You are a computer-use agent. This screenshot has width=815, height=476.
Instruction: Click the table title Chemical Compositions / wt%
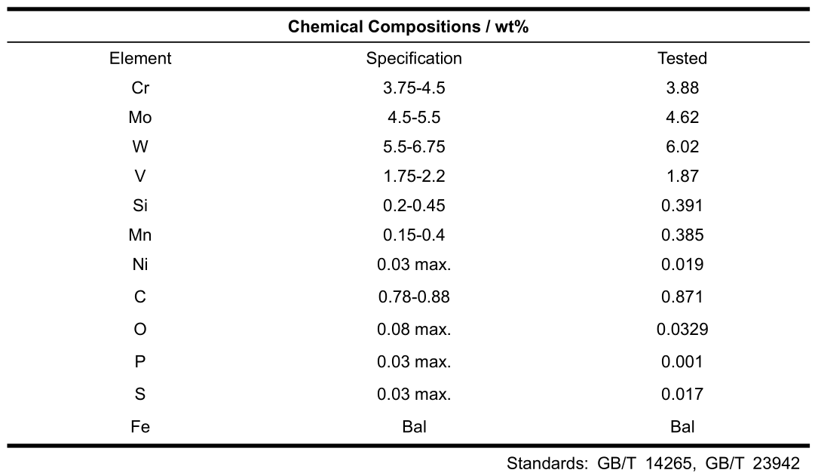coord(408,28)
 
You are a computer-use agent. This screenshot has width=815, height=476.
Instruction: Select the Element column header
coord(140,58)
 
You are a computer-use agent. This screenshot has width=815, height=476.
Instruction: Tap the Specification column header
coord(414,58)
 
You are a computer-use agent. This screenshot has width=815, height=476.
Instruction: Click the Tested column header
coord(682,58)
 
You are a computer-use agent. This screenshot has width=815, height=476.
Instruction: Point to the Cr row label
coord(140,88)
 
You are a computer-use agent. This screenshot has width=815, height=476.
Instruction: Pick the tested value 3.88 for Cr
coord(682,88)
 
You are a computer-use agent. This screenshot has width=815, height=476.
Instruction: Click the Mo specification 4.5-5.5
coord(414,118)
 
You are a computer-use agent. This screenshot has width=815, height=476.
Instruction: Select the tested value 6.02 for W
coord(682,147)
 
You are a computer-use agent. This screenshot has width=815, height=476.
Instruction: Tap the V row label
coord(140,177)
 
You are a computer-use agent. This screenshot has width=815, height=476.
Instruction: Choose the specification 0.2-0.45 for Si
coord(414,206)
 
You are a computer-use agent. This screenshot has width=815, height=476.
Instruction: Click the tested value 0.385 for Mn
coord(682,235)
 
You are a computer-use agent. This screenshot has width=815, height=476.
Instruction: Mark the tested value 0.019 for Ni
coord(682,265)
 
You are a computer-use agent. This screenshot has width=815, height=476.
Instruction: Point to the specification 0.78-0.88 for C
coord(414,297)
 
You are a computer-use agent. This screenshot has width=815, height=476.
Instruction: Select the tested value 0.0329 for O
coord(682,330)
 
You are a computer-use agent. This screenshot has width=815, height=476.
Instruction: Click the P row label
coord(140,362)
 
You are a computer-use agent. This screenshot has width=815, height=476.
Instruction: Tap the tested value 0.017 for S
coord(682,395)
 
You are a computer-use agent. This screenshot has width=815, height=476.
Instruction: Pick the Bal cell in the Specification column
coord(414,427)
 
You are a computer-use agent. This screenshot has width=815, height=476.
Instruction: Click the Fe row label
coord(140,427)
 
